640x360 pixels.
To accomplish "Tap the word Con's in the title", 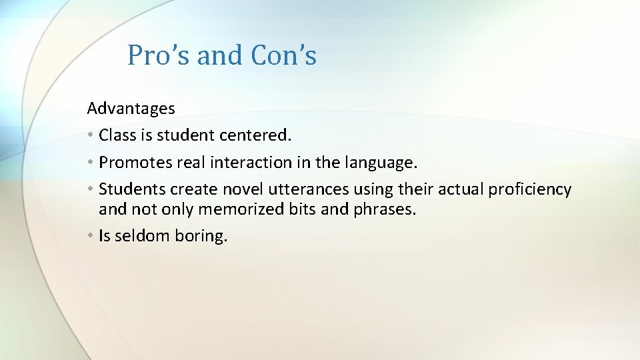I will click(x=283, y=55).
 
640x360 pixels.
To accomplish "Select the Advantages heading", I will click(x=131, y=108).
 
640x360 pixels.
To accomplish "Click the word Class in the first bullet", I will click(x=117, y=135).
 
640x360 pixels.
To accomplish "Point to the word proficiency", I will click(x=530, y=190).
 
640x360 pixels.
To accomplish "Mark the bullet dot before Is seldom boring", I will click(x=90, y=236).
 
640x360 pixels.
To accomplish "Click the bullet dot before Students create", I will click(x=90, y=190).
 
